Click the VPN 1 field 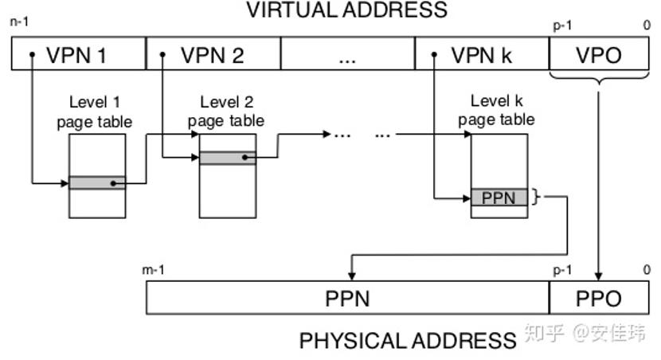coord(79,55)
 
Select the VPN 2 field coord(213,55)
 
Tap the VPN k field coord(482,55)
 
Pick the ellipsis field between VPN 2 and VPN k coord(347,55)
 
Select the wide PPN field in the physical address coord(348,299)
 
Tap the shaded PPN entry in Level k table coord(499,198)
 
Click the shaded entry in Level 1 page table coord(97,183)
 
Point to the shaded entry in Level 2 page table coord(227,158)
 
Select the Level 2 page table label coord(226,112)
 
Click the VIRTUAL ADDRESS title coord(346,10)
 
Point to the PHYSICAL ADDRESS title coord(408,341)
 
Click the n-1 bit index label coord(19,23)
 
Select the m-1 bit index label coord(154,271)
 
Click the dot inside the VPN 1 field coord(32,55)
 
